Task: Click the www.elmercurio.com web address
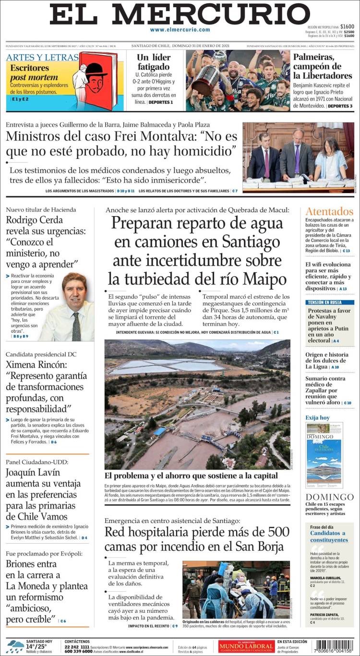(x=180, y=30)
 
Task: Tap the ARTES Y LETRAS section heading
(x=42, y=58)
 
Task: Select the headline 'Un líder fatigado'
(x=154, y=62)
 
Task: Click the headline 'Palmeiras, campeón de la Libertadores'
(x=323, y=66)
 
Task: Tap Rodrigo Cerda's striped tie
(x=76, y=327)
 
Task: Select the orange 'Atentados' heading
(x=329, y=211)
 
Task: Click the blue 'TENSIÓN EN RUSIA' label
(x=330, y=303)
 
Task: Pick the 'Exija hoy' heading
(x=318, y=417)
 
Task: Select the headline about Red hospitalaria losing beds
(x=197, y=539)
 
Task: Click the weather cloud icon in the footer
(x=15, y=646)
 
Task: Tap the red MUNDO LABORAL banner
(x=246, y=646)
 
